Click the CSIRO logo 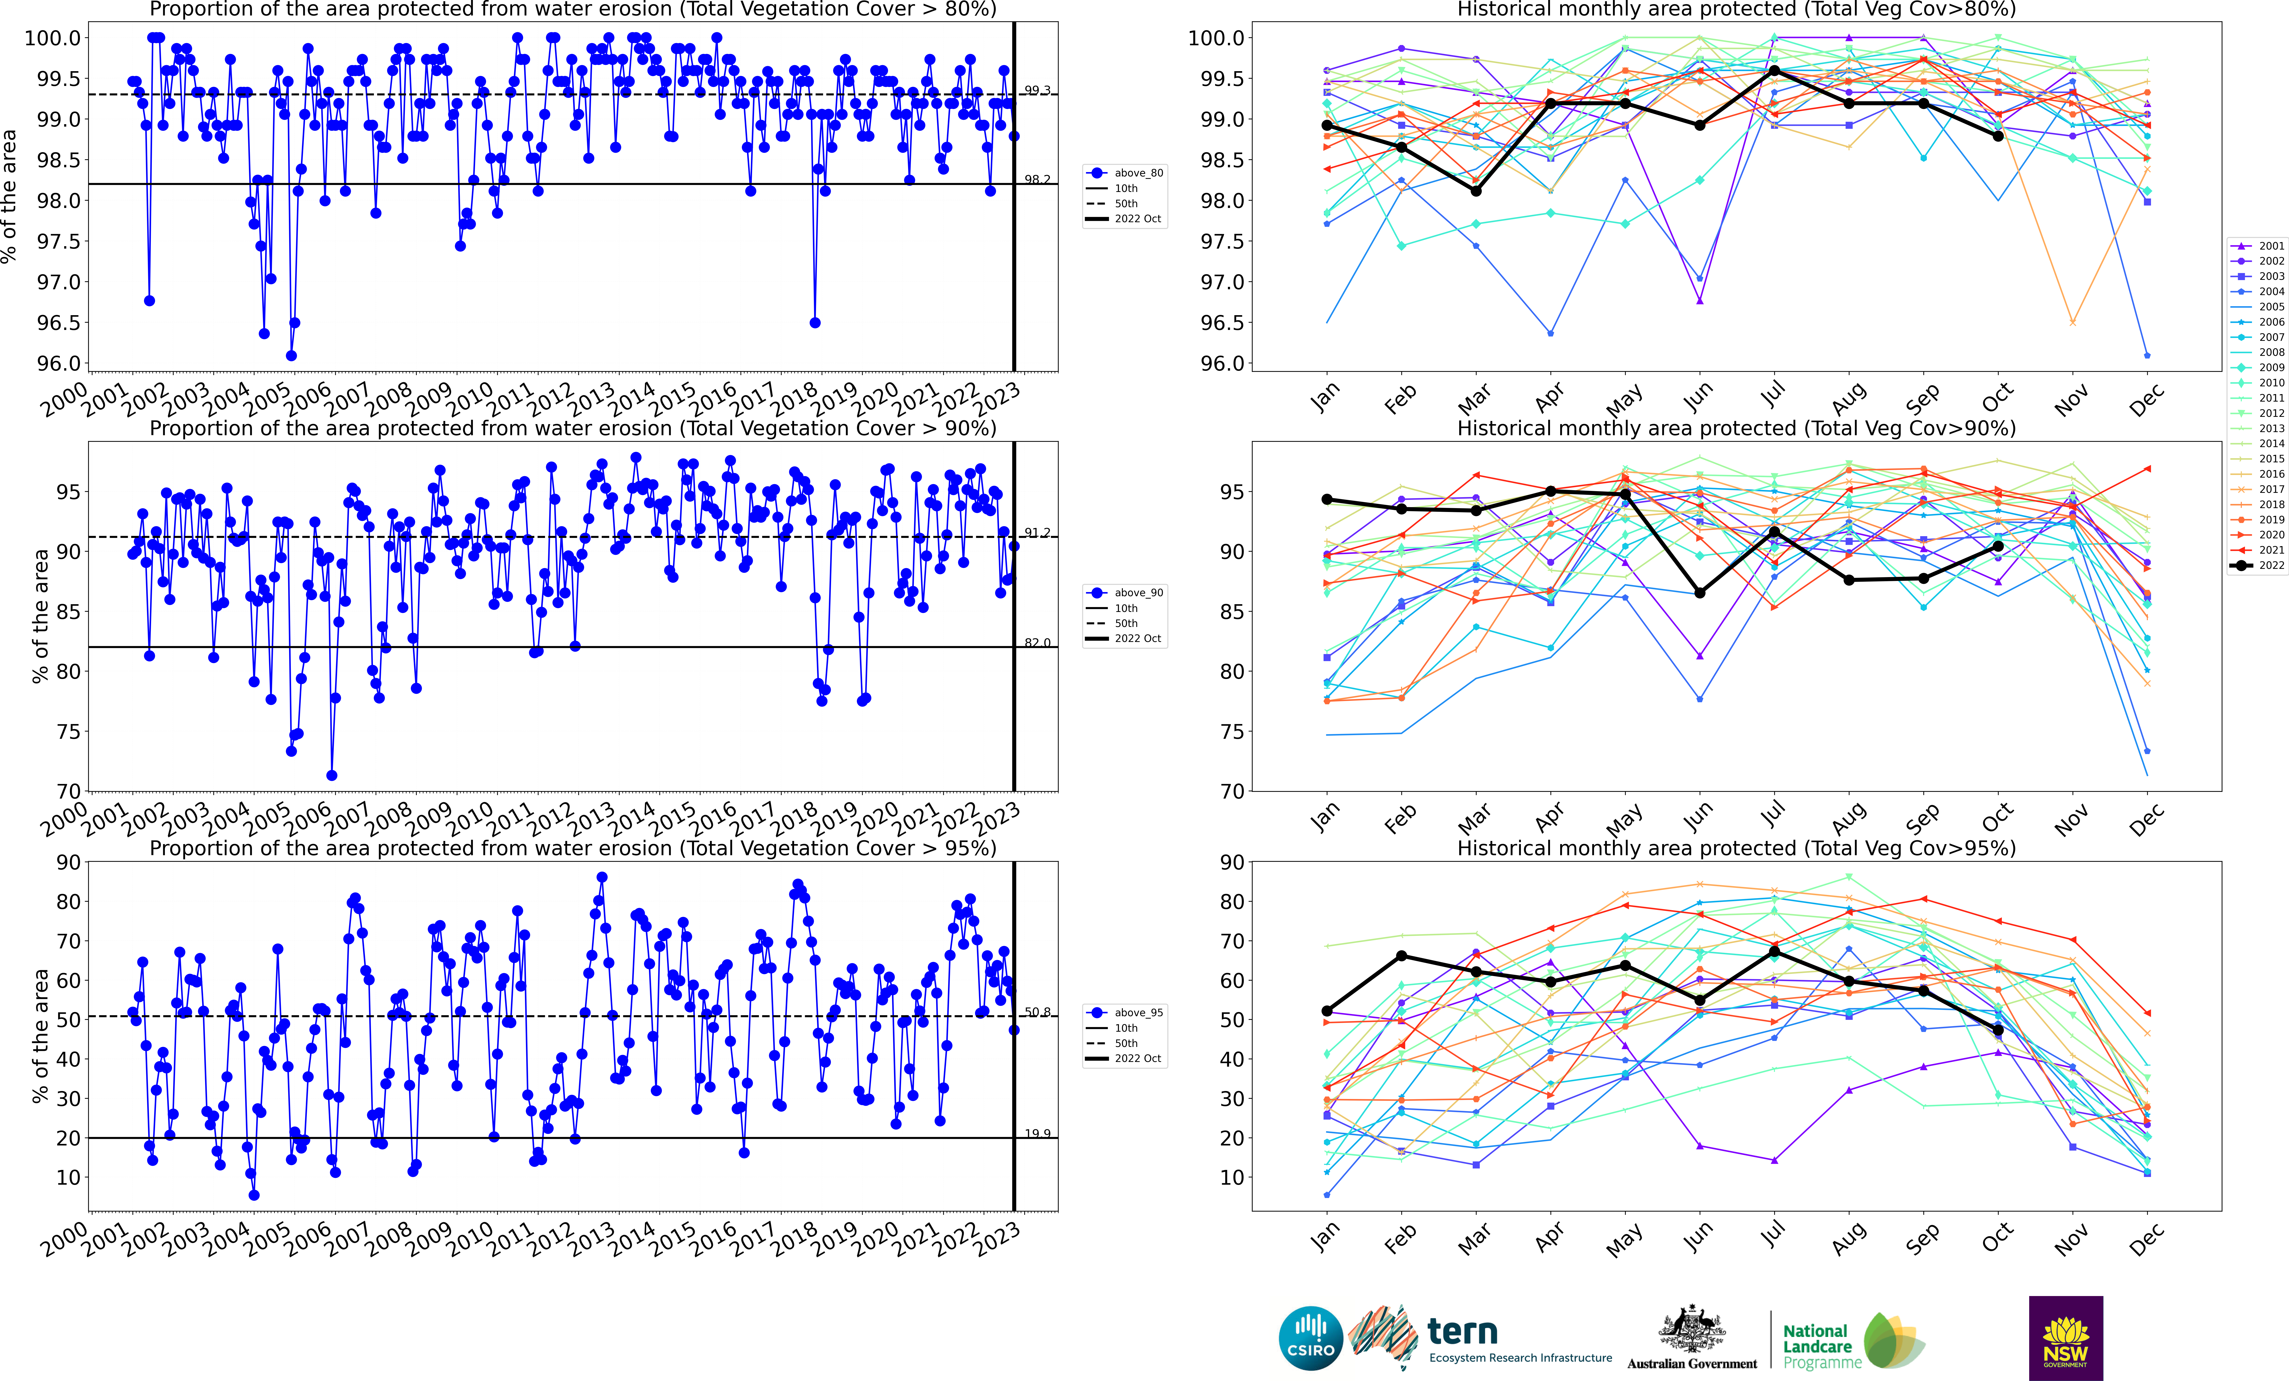[1311, 1338]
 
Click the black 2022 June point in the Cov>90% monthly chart [1700, 593]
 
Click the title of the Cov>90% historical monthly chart [1736, 428]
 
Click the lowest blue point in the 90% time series [332, 776]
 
